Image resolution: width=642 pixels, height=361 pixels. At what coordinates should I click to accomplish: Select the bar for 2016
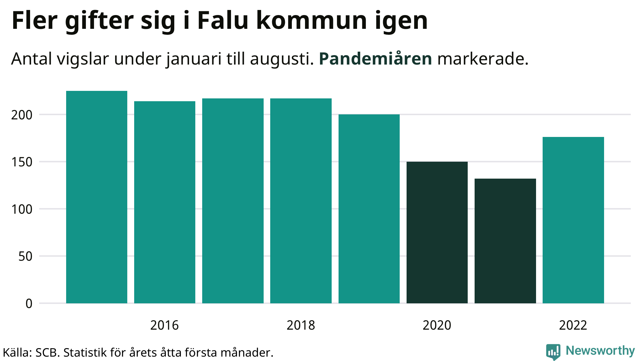point(165,202)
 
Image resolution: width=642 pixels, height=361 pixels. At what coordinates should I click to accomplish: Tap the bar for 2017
point(233,201)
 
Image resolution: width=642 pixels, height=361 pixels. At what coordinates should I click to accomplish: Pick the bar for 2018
point(301,201)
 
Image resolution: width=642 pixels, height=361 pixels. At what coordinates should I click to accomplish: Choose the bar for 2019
point(369,209)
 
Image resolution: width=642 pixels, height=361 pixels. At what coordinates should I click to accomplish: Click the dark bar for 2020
point(437,232)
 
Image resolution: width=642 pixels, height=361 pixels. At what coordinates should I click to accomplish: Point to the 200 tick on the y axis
point(22,115)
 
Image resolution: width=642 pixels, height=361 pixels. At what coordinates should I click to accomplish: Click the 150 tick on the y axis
point(22,162)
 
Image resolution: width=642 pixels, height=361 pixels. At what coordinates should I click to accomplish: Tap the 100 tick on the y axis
point(22,209)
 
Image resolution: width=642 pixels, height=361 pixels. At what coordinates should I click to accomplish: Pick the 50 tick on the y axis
point(25,256)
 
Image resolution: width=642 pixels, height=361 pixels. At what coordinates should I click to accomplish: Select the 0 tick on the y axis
point(29,303)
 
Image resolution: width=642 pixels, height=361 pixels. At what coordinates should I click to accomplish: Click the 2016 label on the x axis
point(165,325)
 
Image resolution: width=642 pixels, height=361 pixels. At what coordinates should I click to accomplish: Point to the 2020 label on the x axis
point(437,325)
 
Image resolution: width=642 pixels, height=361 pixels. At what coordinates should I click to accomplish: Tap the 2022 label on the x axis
point(573,325)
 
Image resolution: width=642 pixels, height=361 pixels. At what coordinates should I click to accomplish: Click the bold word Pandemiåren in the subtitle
point(375,59)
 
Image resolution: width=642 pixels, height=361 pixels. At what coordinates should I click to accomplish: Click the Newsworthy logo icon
point(553,352)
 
